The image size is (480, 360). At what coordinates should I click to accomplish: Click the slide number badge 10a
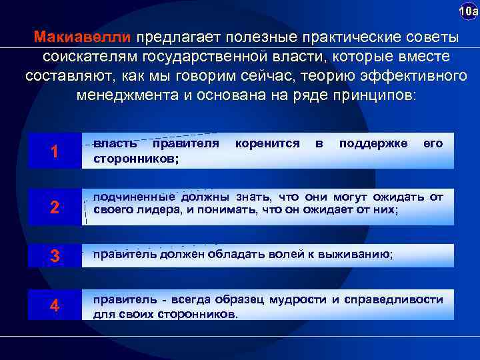(469, 12)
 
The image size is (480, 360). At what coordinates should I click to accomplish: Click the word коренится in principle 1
(267, 143)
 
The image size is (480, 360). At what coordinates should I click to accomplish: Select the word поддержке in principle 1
(373, 143)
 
